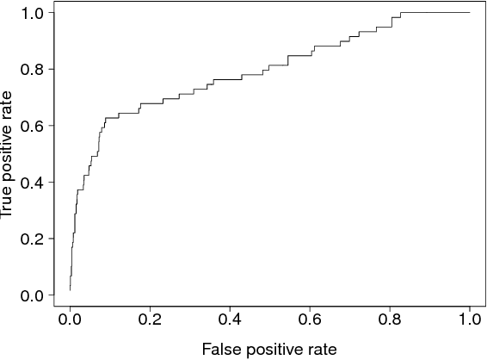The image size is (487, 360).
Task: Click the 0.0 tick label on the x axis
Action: (70, 320)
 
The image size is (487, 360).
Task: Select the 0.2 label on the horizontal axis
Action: (150, 320)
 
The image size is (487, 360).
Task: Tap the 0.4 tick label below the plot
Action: (230, 320)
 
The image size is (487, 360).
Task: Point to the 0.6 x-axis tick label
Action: (310, 320)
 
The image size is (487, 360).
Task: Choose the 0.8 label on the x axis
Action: (390, 320)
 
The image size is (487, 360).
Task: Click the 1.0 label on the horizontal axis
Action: (469, 320)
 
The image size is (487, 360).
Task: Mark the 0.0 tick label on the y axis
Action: (32, 295)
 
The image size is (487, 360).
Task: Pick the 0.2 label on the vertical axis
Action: (32, 239)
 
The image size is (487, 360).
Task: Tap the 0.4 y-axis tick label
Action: (32, 183)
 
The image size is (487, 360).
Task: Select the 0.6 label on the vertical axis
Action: (32, 126)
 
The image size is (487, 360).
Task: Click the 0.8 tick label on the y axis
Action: (32, 69)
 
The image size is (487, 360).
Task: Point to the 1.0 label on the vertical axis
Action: (32, 13)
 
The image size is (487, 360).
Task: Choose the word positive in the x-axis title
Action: (271, 348)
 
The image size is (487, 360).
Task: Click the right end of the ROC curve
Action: (470, 13)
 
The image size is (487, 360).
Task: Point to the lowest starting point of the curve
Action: (70, 290)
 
